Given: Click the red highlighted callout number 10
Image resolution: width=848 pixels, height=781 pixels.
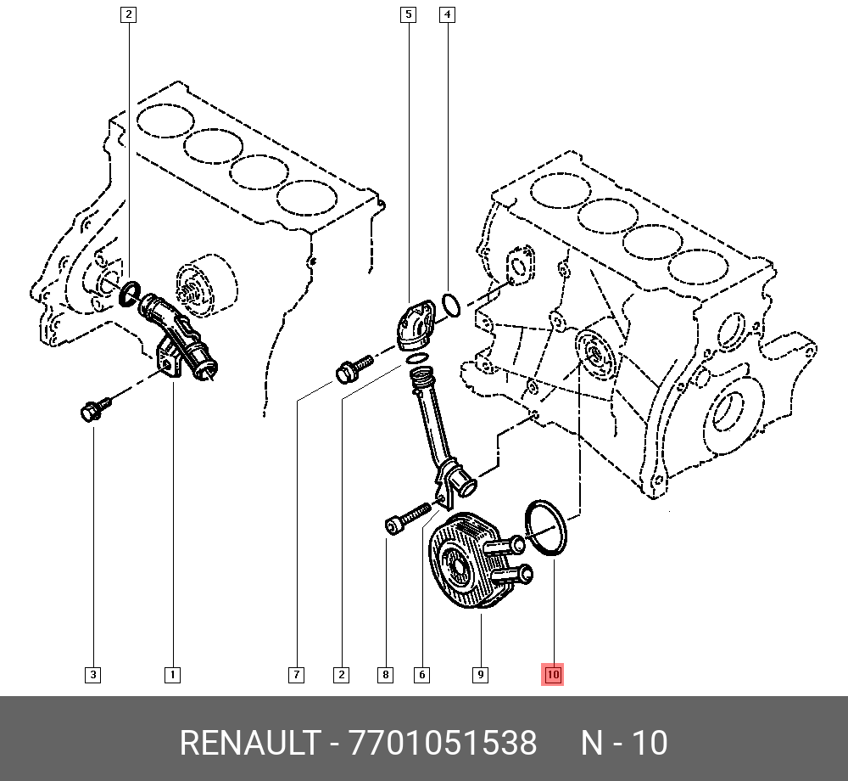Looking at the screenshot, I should click(552, 675).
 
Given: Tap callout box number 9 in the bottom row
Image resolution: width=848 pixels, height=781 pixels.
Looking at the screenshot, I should click(480, 675).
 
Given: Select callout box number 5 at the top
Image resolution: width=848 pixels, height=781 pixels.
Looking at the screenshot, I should click(408, 14).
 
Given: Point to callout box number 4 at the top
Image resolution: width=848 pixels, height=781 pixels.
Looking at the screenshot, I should click(447, 14).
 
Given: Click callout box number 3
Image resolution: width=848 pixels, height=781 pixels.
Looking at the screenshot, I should click(93, 675).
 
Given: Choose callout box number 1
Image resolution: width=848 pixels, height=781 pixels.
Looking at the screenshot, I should click(171, 675).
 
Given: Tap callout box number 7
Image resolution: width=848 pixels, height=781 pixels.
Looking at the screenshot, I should click(296, 675).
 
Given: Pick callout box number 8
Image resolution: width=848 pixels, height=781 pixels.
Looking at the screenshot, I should click(385, 675).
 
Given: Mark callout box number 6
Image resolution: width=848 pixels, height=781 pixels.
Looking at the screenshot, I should click(421, 675).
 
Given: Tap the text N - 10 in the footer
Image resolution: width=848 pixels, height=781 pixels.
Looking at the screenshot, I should click(624, 744).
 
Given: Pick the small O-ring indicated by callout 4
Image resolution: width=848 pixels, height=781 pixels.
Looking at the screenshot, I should click(452, 304).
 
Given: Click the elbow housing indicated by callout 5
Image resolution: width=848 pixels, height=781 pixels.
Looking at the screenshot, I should click(416, 327).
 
